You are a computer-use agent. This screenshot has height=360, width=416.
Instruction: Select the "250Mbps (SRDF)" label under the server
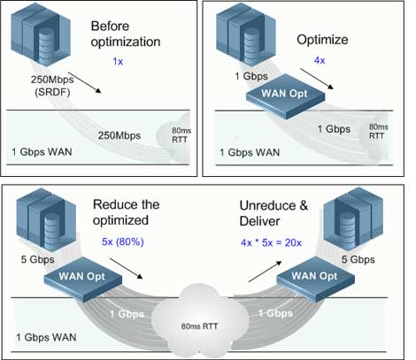pyautogui.click(x=44, y=87)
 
